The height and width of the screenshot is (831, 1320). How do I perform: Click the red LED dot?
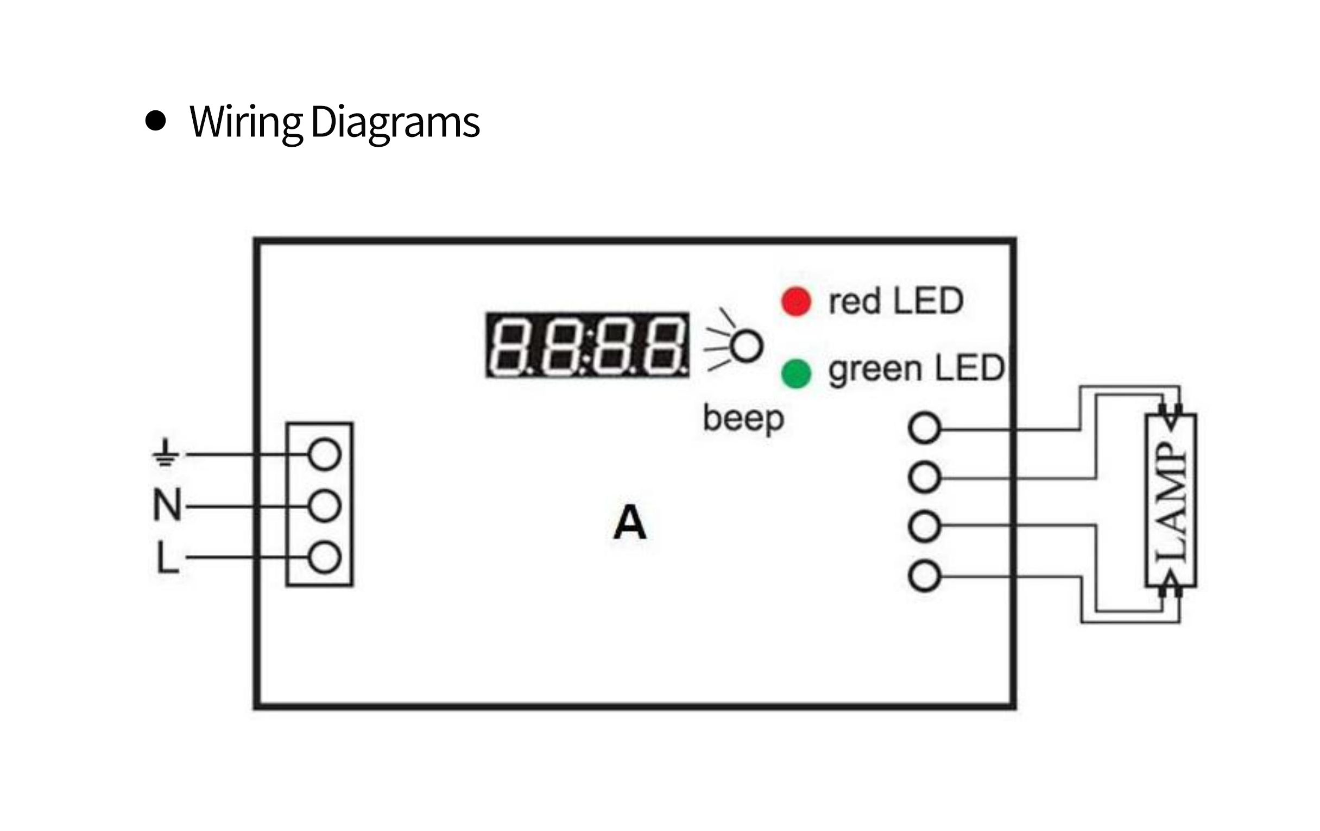pos(796,302)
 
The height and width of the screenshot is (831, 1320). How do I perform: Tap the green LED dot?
pos(796,373)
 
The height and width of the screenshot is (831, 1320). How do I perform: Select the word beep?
pos(743,419)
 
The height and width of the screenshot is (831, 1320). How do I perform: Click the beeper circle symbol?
pos(747,346)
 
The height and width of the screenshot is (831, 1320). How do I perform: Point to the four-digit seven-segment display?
pos(587,345)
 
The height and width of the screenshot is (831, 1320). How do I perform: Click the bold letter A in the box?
pos(630,523)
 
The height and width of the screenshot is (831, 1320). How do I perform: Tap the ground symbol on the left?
pos(165,453)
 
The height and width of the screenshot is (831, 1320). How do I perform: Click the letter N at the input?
pos(167,505)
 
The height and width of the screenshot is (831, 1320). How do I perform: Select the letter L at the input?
pos(167,557)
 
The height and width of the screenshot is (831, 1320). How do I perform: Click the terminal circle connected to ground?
pos(325,454)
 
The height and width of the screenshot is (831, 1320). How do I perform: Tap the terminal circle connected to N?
pos(325,506)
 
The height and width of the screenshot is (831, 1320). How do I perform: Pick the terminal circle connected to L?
pos(325,558)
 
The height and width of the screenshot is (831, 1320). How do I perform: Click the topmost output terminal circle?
pos(925,428)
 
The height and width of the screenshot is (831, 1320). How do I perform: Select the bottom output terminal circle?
pos(925,576)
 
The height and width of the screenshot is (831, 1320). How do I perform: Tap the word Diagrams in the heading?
pos(395,122)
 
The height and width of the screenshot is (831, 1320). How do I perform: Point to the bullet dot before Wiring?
pos(156,121)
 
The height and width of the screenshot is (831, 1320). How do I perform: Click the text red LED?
pos(896,301)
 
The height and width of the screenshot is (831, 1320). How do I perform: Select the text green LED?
pos(916,368)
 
